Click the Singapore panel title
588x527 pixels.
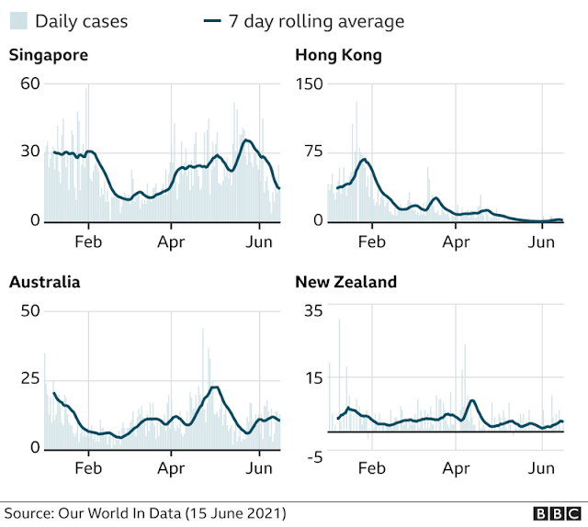tap(49, 55)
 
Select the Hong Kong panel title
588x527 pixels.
tap(338, 55)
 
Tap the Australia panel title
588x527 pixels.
tap(45, 282)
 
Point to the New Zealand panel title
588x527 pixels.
tap(345, 282)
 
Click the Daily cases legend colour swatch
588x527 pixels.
tap(18, 20)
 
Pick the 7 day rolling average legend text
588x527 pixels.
tap(316, 21)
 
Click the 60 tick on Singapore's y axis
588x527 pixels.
tap(30, 84)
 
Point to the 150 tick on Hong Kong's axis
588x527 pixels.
tap(309, 84)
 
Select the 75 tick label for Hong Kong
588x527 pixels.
tap(313, 151)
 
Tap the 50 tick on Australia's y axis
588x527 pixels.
tap(30, 310)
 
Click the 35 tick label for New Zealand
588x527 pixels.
tap(313, 310)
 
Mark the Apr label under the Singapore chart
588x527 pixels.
tap(171, 242)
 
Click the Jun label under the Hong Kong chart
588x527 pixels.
tap(541, 242)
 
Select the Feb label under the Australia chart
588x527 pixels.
tap(88, 468)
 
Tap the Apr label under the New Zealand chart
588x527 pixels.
tap(456, 469)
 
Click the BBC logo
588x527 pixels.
tap(558, 513)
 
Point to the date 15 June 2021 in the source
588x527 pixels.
tap(236, 513)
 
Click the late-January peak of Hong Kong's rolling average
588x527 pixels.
tap(364, 160)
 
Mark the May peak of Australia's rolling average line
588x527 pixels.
tap(215, 387)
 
